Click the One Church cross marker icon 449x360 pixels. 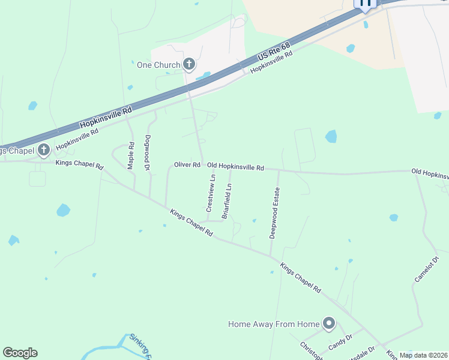pos(189,64)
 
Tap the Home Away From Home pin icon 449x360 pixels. pos(328,324)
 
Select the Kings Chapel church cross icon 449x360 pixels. pos(43,149)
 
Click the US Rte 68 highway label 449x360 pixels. pos(274,52)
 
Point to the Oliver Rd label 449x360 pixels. pos(187,164)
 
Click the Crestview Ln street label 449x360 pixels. pos(210,193)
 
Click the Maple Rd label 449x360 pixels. pos(131,155)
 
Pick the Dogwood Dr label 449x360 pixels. pos(147,152)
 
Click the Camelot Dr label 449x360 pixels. pos(427,269)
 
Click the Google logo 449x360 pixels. pos(20,353)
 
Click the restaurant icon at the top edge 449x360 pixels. pos(365,4)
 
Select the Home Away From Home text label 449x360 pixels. pos(274,324)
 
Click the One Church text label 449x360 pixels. pos(158,65)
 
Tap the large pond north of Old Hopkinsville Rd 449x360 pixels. pos(331,136)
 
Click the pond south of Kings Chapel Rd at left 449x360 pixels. pos(63,210)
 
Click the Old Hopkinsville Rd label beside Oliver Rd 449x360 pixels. pos(235,167)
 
